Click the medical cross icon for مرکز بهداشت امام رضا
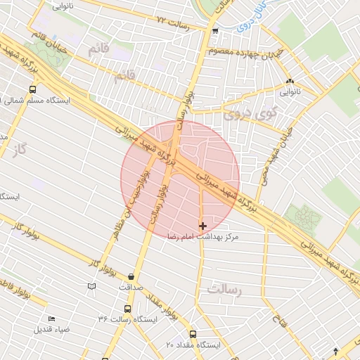point(203,226)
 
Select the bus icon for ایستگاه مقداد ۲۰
point(193,334)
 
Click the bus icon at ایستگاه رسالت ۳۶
point(127,309)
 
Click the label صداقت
point(131,287)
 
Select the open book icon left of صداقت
point(91,286)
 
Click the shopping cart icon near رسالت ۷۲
point(214,31)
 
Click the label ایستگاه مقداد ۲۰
point(193,345)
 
